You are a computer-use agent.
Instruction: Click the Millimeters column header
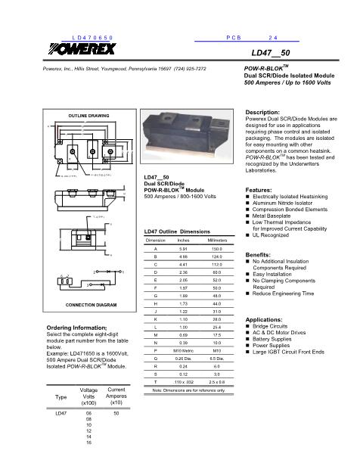(216, 240)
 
